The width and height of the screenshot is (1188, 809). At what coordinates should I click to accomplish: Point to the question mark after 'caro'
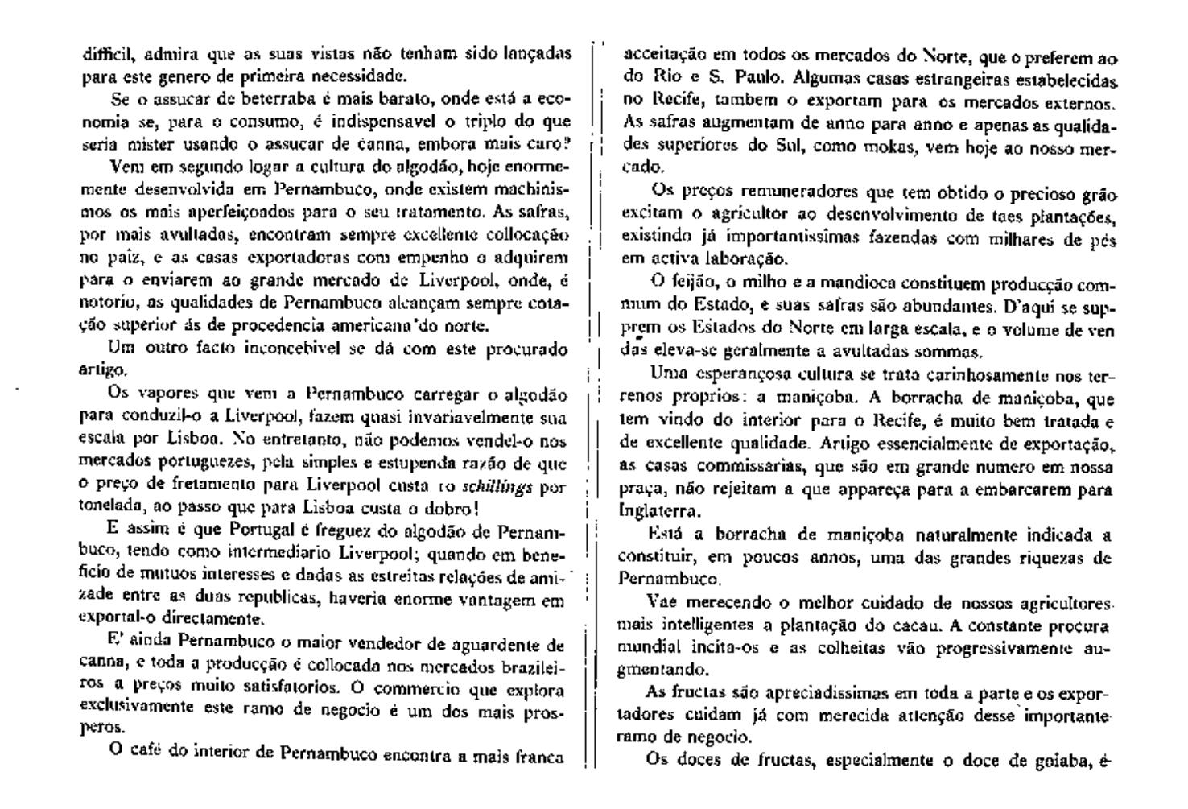click(567, 144)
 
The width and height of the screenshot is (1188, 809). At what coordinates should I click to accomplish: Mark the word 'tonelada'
click(110, 509)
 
